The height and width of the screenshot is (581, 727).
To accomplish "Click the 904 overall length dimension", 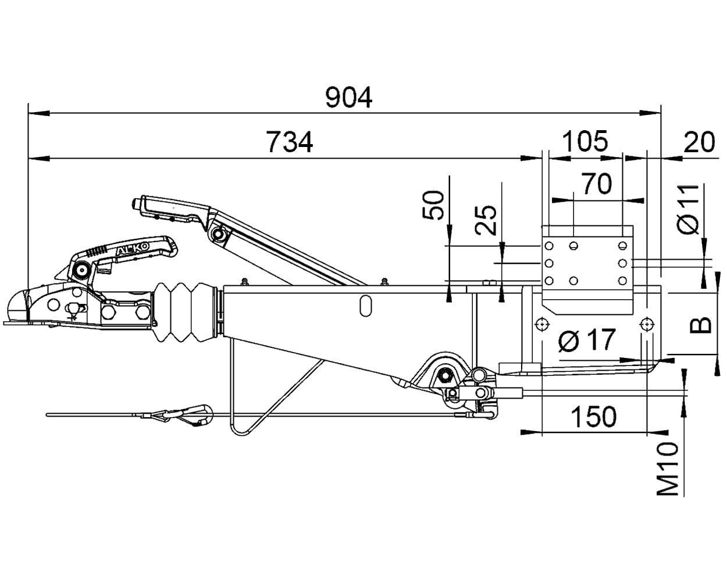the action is coord(348,98).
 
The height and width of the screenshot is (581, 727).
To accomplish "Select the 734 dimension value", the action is coord(290,142).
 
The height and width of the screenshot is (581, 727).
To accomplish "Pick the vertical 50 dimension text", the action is coord(433,206).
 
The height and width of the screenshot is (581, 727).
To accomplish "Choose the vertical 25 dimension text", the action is coord(486,220).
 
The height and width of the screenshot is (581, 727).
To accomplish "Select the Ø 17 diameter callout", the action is coord(587,340).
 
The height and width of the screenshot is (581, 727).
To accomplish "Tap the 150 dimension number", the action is coord(594,417).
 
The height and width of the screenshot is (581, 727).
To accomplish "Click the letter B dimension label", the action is coord(700,325).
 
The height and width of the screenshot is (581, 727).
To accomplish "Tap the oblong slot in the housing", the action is coord(365,306).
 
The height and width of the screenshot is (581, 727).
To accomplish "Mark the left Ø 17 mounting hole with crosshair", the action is coord(543,324).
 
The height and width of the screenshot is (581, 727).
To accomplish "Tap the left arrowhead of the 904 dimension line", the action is coord(39,113).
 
